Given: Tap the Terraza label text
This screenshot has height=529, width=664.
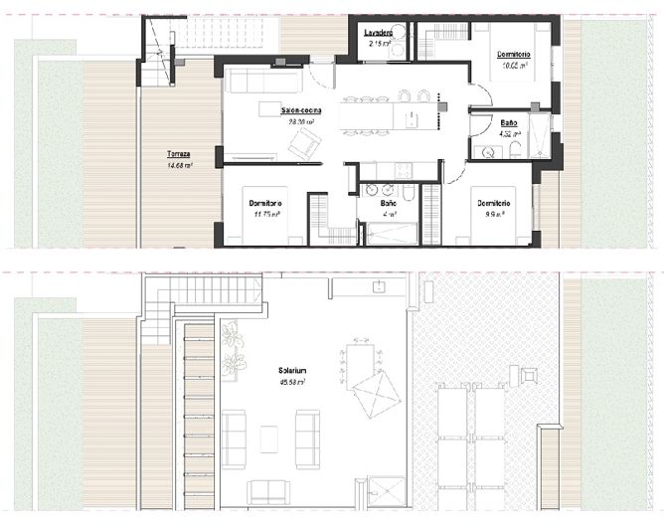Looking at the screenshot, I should tap(180, 155).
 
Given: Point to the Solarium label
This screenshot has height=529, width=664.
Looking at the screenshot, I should tap(293, 371).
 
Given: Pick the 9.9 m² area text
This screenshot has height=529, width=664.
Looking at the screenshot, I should tap(493, 213).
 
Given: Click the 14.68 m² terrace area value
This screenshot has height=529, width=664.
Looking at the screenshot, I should tap(180, 165).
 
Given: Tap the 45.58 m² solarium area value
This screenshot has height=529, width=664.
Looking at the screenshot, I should tap(293, 381).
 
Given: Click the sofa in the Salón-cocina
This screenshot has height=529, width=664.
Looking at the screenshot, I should tap(263, 80).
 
